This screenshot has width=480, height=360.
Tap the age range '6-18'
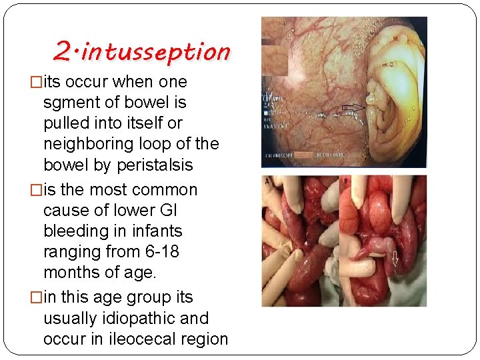pos(159,252)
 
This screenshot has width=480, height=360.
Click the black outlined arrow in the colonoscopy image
pos(353,107)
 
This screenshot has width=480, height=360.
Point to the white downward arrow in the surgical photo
pos(394,258)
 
